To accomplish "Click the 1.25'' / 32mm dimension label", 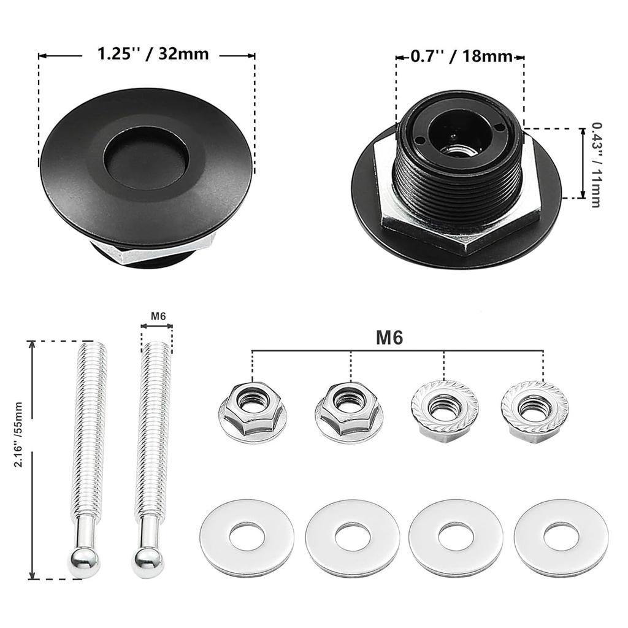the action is coord(153,54).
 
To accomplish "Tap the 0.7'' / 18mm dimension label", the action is coord(461,56).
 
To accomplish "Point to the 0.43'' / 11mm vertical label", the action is coord(596,164).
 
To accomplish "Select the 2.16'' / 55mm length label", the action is coord(19,434).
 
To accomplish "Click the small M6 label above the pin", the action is coord(158,316).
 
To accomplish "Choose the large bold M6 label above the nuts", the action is coord(389,339).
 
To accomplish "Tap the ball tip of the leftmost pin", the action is coord(84,563).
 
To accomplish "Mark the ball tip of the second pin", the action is coord(146,563).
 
